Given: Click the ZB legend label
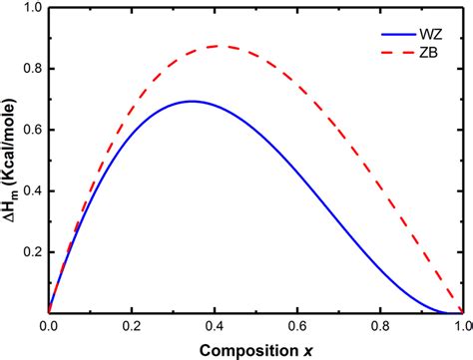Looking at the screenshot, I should tap(424, 50).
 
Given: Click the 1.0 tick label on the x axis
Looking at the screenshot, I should tap(460, 327).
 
